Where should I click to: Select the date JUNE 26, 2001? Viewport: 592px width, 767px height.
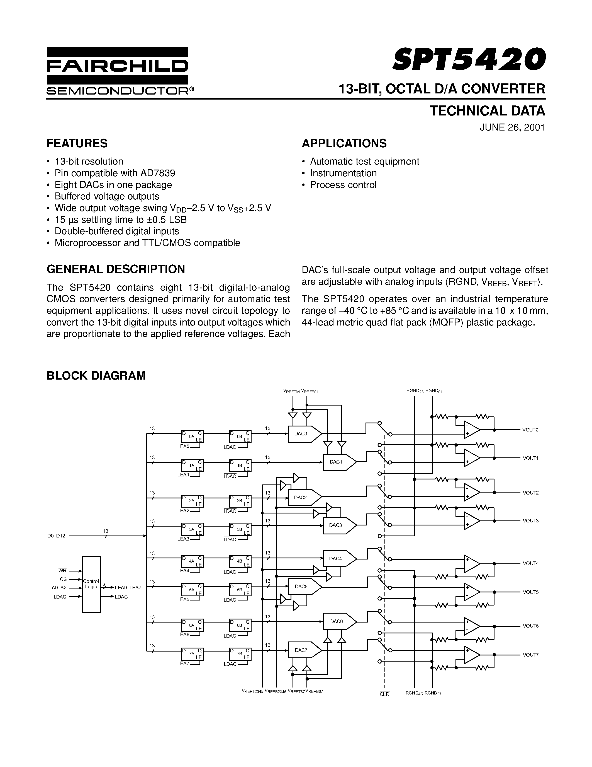(x=512, y=127)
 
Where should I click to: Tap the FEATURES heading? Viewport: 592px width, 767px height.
(x=77, y=143)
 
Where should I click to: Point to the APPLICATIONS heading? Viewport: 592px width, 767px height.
(x=344, y=143)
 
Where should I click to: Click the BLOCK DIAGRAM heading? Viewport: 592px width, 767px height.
(x=96, y=376)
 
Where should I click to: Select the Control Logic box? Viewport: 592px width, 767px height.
(x=91, y=584)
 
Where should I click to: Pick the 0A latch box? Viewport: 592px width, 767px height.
(x=192, y=436)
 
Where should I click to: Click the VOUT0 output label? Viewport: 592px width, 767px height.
(x=530, y=430)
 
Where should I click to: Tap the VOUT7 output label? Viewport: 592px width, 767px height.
(x=530, y=655)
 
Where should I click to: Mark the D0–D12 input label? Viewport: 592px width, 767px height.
(x=56, y=536)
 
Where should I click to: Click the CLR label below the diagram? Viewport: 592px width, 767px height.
(x=384, y=694)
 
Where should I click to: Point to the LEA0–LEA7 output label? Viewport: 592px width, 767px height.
(x=128, y=588)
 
